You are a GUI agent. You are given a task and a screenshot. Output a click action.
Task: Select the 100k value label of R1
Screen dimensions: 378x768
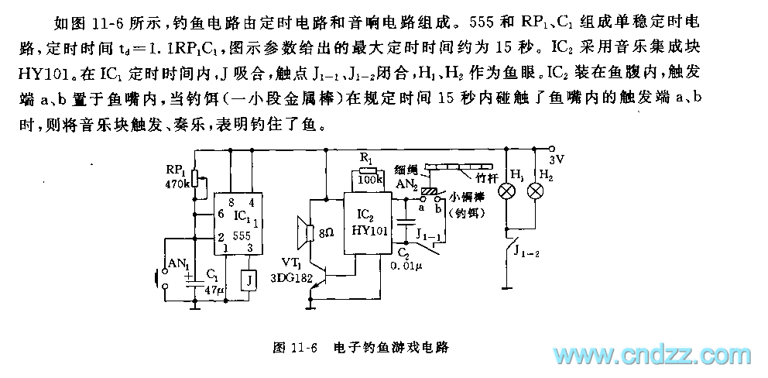tap(369, 181)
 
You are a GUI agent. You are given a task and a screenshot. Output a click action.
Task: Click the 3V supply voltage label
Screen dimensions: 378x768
tap(557, 160)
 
